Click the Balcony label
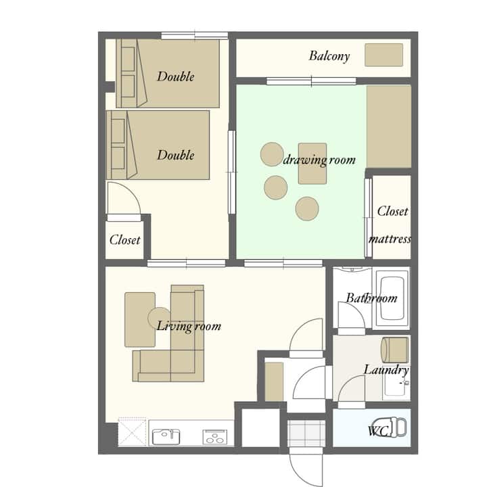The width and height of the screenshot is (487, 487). (329, 56)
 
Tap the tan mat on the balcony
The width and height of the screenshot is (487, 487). (384, 55)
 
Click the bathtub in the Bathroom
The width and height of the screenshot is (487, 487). (392, 298)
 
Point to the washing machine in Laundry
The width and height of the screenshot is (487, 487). (395, 350)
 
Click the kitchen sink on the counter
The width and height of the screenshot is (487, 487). (166, 437)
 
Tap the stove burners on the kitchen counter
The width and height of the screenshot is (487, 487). (214, 437)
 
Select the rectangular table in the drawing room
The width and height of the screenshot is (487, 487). (312, 164)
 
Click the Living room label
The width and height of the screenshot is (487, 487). (189, 327)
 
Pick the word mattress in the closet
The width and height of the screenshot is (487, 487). (390, 239)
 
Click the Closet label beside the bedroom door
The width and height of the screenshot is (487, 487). (125, 239)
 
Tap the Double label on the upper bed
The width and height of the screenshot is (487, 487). (176, 76)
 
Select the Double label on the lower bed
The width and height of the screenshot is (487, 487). (176, 155)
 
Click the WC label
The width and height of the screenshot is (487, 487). (378, 431)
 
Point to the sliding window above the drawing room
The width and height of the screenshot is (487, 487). (311, 81)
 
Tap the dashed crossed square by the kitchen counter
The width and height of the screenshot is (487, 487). (132, 432)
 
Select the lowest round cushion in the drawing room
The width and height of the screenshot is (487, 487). (307, 209)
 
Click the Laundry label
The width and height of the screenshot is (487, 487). (386, 370)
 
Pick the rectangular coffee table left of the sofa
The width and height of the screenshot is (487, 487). (140, 319)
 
